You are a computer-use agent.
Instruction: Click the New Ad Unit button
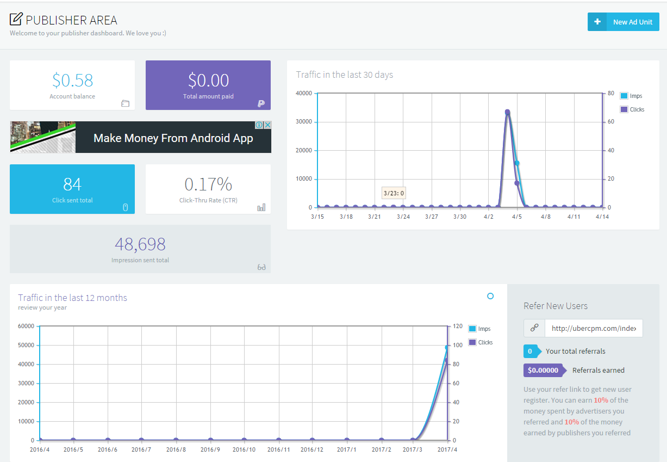[x=623, y=22]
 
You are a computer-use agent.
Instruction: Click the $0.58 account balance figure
[x=72, y=81]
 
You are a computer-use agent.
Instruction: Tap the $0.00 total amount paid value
[x=208, y=81]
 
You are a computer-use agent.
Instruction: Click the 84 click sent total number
[x=72, y=184]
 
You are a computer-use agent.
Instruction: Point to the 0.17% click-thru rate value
[x=208, y=184]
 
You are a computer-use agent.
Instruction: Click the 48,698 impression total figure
[x=140, y=244]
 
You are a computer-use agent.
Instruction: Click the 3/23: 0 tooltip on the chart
[x=394, y=193]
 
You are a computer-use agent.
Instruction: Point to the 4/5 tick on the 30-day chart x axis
[x=517, y=217]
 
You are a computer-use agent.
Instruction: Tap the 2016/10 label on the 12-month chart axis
[x=244, y=449]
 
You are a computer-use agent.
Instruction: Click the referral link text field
[x=594, y=328]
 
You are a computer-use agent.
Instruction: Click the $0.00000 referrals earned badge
[x=544, y=370]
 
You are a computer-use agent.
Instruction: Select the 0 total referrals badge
[x=530, y=351]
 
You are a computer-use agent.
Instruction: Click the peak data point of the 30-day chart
[x=507, y=113]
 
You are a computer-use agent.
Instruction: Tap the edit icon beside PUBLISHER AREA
[x=16, y=20]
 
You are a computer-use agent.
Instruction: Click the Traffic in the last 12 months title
[x=72, y=298]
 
